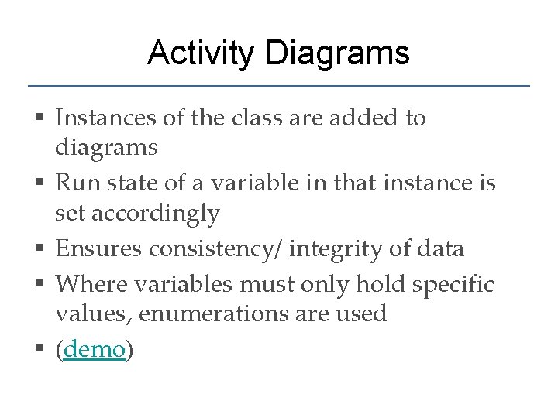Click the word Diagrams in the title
337,53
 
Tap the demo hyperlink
95,349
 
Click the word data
440,249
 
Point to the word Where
87,284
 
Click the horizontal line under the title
279,85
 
